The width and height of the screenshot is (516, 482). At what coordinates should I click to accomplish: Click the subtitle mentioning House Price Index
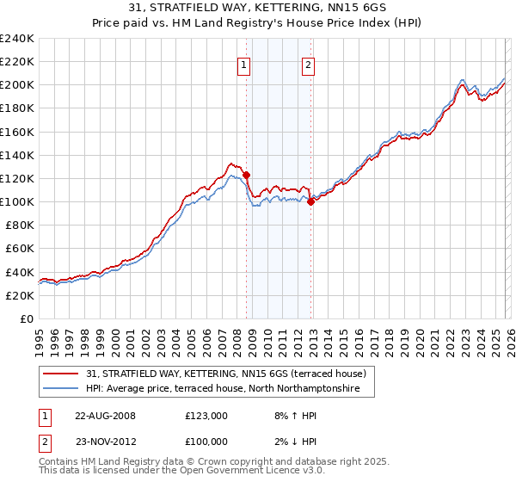click(258, 24)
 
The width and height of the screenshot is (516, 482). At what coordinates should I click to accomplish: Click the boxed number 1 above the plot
click(243, 64)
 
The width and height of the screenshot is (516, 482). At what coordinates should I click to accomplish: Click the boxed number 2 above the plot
click(308, 64)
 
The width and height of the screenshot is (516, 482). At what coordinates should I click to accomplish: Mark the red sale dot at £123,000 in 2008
click(246, 175)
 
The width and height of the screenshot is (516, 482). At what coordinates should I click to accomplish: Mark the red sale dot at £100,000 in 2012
click(310, 202)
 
